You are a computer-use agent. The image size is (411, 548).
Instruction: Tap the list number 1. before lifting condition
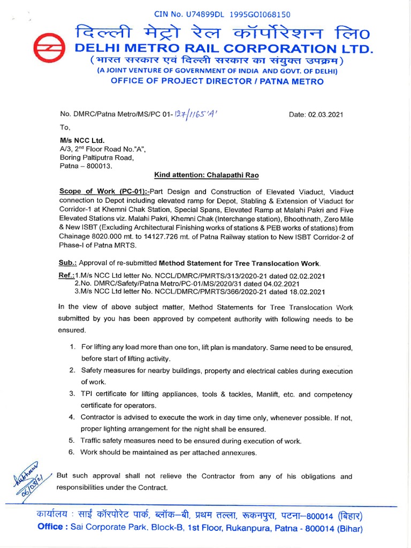click(x=72, y=347)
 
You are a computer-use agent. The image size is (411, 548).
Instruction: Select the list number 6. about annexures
click(x=72, y=452)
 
